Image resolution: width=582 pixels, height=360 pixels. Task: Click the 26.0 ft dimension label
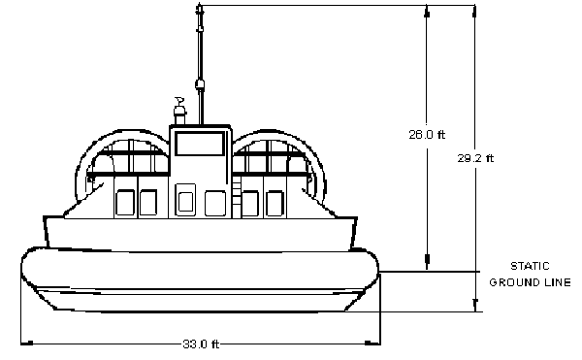coord(427,134)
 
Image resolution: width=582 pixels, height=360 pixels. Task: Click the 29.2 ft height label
coord(475,158)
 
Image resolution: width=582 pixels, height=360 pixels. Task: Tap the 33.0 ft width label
coord(201,344)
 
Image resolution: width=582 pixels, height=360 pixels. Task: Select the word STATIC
coord(530,266)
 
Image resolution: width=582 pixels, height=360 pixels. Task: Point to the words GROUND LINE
coord(530,282)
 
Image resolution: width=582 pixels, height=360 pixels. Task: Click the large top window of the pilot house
coord(200,144)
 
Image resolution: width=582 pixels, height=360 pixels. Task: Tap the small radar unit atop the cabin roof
coord(179,111)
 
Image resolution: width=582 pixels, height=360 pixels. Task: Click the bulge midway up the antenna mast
coord(200,84)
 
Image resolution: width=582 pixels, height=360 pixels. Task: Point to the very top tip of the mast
coord(200,4)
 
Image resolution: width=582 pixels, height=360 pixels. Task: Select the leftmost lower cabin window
coord(125,202)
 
